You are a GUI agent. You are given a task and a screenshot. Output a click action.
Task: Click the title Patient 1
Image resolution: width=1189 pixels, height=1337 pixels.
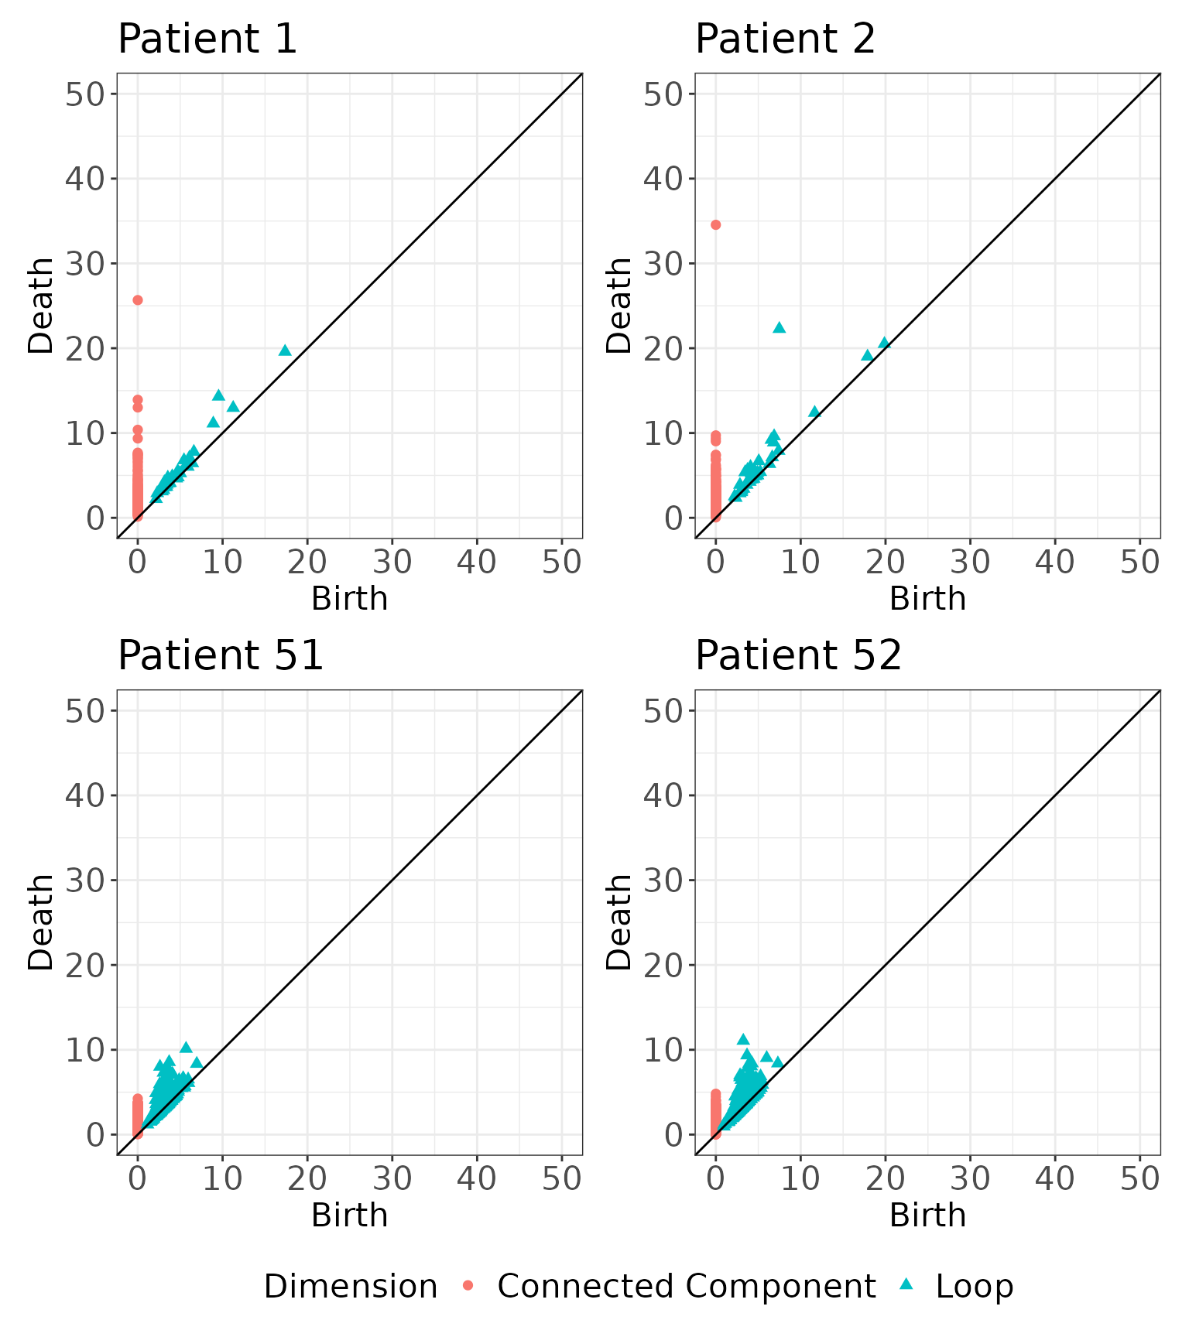point(207,39)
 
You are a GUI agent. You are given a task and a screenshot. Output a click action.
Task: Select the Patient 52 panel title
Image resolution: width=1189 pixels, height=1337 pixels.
point(798,655)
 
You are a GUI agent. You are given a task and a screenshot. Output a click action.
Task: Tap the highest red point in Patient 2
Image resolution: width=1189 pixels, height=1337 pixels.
point(715,225)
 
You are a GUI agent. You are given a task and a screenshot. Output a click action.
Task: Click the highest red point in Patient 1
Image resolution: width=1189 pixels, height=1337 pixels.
point(138,300)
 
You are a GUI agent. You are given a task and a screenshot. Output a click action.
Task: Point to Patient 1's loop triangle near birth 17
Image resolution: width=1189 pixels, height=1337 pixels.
point(285,350)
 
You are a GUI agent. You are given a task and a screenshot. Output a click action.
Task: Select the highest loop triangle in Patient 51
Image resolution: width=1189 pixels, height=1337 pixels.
point(186,1048)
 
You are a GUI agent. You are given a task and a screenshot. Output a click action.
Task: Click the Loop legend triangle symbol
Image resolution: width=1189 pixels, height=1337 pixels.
point(906,1284)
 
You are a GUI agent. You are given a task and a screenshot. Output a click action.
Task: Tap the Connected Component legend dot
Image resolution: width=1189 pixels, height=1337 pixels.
point(468,1286)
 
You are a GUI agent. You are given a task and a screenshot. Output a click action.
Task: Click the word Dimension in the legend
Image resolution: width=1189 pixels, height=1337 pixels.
point(351,1287)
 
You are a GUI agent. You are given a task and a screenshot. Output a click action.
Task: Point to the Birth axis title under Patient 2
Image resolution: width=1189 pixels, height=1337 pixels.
point(927,599)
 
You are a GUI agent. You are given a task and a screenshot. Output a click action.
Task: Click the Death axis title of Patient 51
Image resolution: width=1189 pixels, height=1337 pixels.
point(40,922)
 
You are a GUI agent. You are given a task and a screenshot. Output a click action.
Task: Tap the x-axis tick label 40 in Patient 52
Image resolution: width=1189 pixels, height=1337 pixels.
point(1054,1179)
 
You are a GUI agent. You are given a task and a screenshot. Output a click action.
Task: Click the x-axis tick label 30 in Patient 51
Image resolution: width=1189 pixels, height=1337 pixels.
point(392,1179)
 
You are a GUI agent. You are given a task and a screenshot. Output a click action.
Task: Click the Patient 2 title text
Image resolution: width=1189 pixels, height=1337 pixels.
point(785,39)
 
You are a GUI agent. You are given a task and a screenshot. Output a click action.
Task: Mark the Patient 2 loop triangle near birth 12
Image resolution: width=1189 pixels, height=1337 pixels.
point(814,412)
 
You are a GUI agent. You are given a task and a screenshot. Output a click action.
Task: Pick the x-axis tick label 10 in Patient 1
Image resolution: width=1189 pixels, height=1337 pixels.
point(222,562)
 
